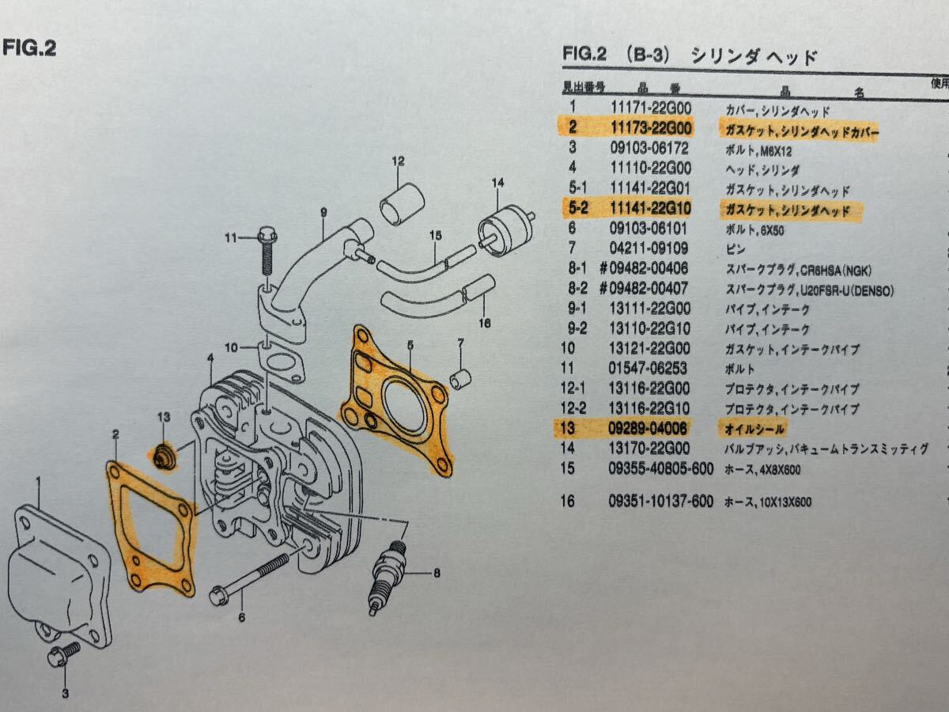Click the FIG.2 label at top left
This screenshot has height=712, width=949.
pyautogui.click(x=29, y=49)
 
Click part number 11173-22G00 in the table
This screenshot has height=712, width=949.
pyautogui.click(x=651, y=127)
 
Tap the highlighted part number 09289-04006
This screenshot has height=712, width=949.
pyautogui.click(x=648, y=429)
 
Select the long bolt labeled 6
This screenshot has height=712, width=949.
pyautogui.click(x=249, y=581)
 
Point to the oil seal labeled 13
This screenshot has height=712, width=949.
pyautogui.click(x=164, y=456)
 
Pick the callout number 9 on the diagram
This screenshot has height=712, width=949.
pyautogui.click(x=323, y=212)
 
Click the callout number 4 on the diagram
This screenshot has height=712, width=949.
pyautogui.click(x=210, y=359)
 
